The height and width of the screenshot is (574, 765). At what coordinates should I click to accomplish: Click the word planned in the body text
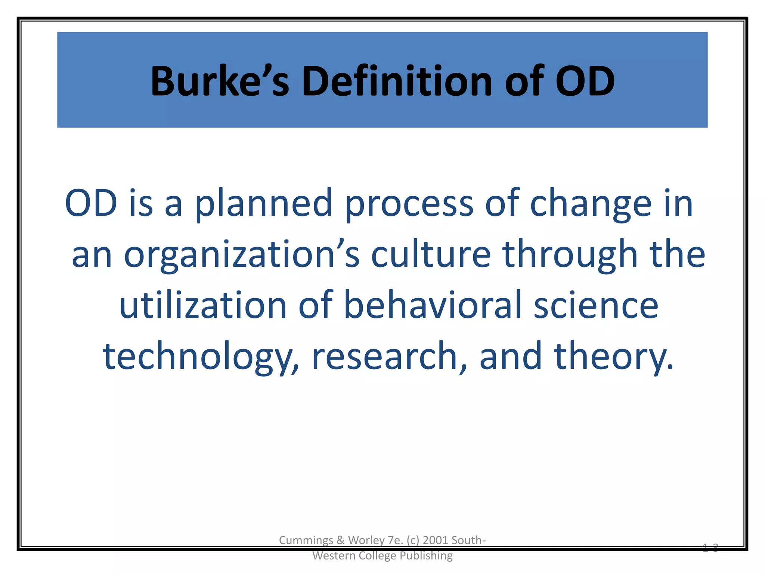tap(263, 204)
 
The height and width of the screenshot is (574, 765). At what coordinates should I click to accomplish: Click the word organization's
tap(241, 255)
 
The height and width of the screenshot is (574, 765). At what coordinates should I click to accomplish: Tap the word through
tap(570, 255)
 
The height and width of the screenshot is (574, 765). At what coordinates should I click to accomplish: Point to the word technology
tap(201, 357)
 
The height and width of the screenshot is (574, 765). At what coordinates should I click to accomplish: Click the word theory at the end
tap(614, 357)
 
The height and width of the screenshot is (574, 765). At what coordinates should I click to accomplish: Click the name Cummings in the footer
tap(306, 540)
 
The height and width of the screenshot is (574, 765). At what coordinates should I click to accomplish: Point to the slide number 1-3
tap(710, 548)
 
